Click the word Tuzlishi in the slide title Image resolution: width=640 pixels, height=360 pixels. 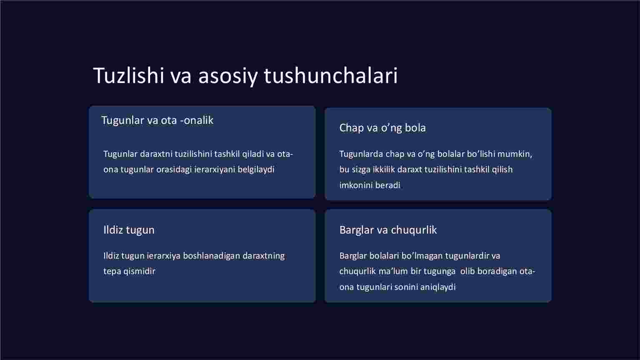[128, 76]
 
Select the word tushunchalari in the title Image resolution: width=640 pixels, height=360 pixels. [331, 76]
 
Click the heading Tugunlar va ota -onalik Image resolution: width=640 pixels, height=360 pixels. [158, 121]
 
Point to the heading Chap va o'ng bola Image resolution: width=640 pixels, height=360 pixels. [383, 128]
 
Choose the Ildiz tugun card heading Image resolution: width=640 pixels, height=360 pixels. [129, 230]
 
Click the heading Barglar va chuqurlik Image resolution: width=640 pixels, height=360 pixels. [388, 230]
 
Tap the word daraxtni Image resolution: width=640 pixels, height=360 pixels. [156, 154]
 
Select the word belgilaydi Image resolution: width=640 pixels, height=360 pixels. [256, 169]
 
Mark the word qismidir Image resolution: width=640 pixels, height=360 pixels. [139, 272]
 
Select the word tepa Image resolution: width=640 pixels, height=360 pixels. [112, 272]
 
